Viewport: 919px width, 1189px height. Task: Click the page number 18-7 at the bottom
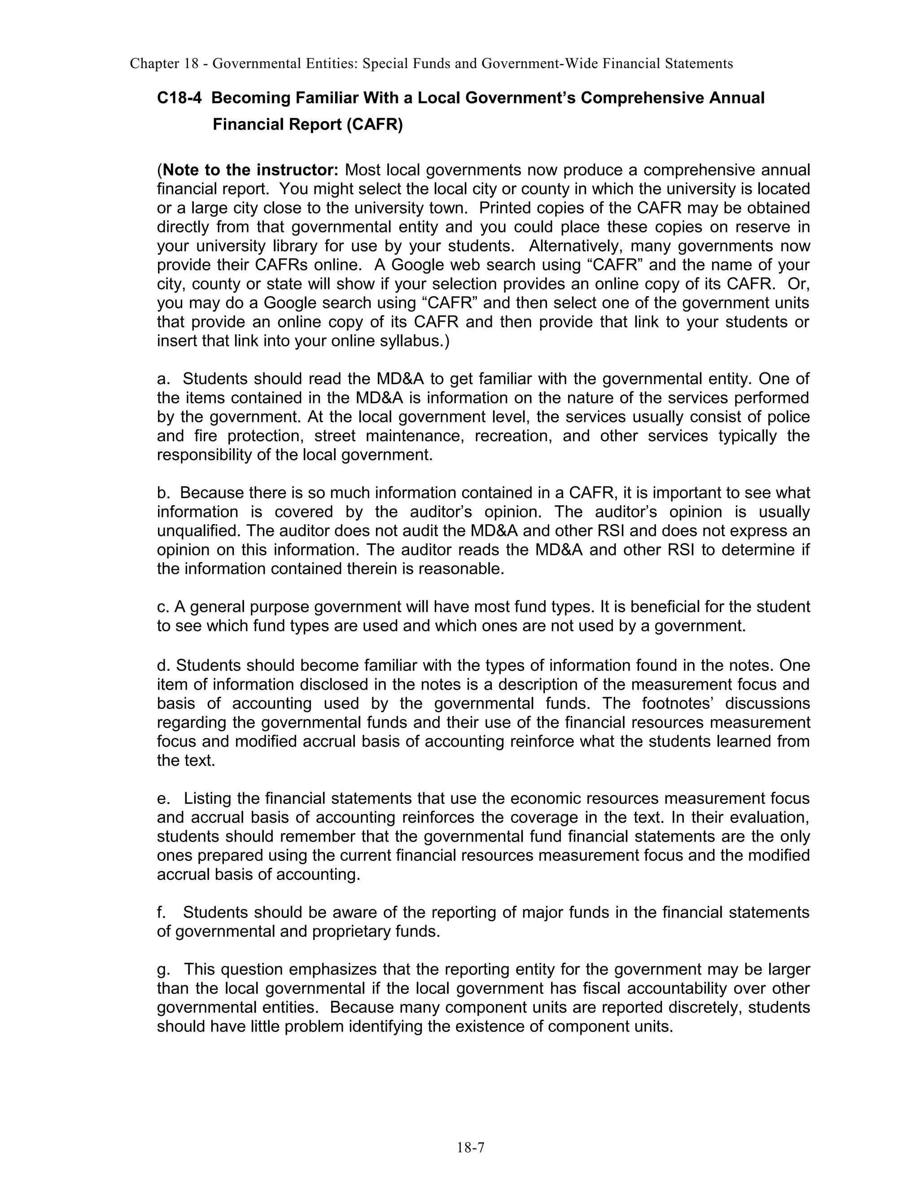(x=470, y=1148)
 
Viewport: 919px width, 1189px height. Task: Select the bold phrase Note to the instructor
(x=250, y=170)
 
